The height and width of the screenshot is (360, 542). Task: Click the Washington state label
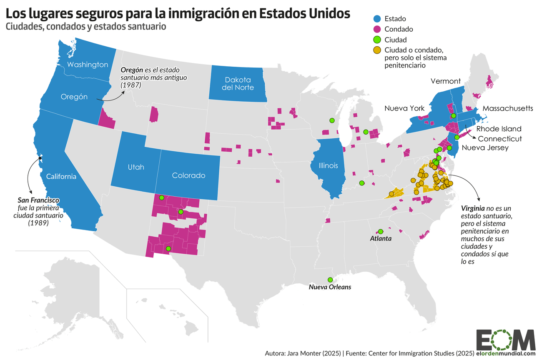coord(88,65)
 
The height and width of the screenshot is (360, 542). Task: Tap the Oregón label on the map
coord(74,97)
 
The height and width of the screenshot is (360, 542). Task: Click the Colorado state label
coord(188,175)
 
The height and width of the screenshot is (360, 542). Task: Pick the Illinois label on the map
coord(328,165)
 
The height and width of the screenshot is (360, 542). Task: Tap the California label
coord(61,176)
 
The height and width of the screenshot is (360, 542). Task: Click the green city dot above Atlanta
coord(380,231)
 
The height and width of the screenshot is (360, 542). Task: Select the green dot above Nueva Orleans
coord(330,280)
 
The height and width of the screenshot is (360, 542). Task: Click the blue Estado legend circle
coord(377,18)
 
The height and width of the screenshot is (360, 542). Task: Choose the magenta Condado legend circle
coord(377,29)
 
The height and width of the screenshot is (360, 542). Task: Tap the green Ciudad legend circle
coord(377,40)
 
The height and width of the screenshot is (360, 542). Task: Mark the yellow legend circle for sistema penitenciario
coord(377,50)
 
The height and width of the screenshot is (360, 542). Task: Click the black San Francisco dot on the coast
coord(40,157)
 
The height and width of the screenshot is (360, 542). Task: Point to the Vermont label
coord(446,81)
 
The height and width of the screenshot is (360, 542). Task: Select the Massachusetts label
coord(508,108)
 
